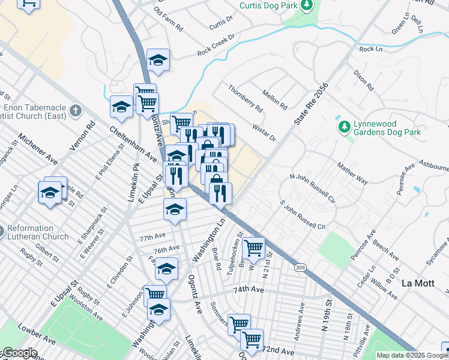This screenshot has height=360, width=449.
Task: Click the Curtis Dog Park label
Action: [268, 5]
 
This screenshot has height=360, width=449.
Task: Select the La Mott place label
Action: [416, 283]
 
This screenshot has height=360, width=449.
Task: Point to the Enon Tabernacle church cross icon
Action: [75, 111]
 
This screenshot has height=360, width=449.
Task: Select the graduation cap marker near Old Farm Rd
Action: [158, 60]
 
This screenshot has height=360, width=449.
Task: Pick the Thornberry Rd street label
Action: [245, 99]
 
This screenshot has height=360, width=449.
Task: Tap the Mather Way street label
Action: [352, 172]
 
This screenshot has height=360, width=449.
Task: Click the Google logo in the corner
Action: [19, 353]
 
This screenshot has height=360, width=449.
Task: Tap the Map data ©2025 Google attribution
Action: [412, 355]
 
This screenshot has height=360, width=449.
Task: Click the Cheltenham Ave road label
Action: [128, 140]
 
